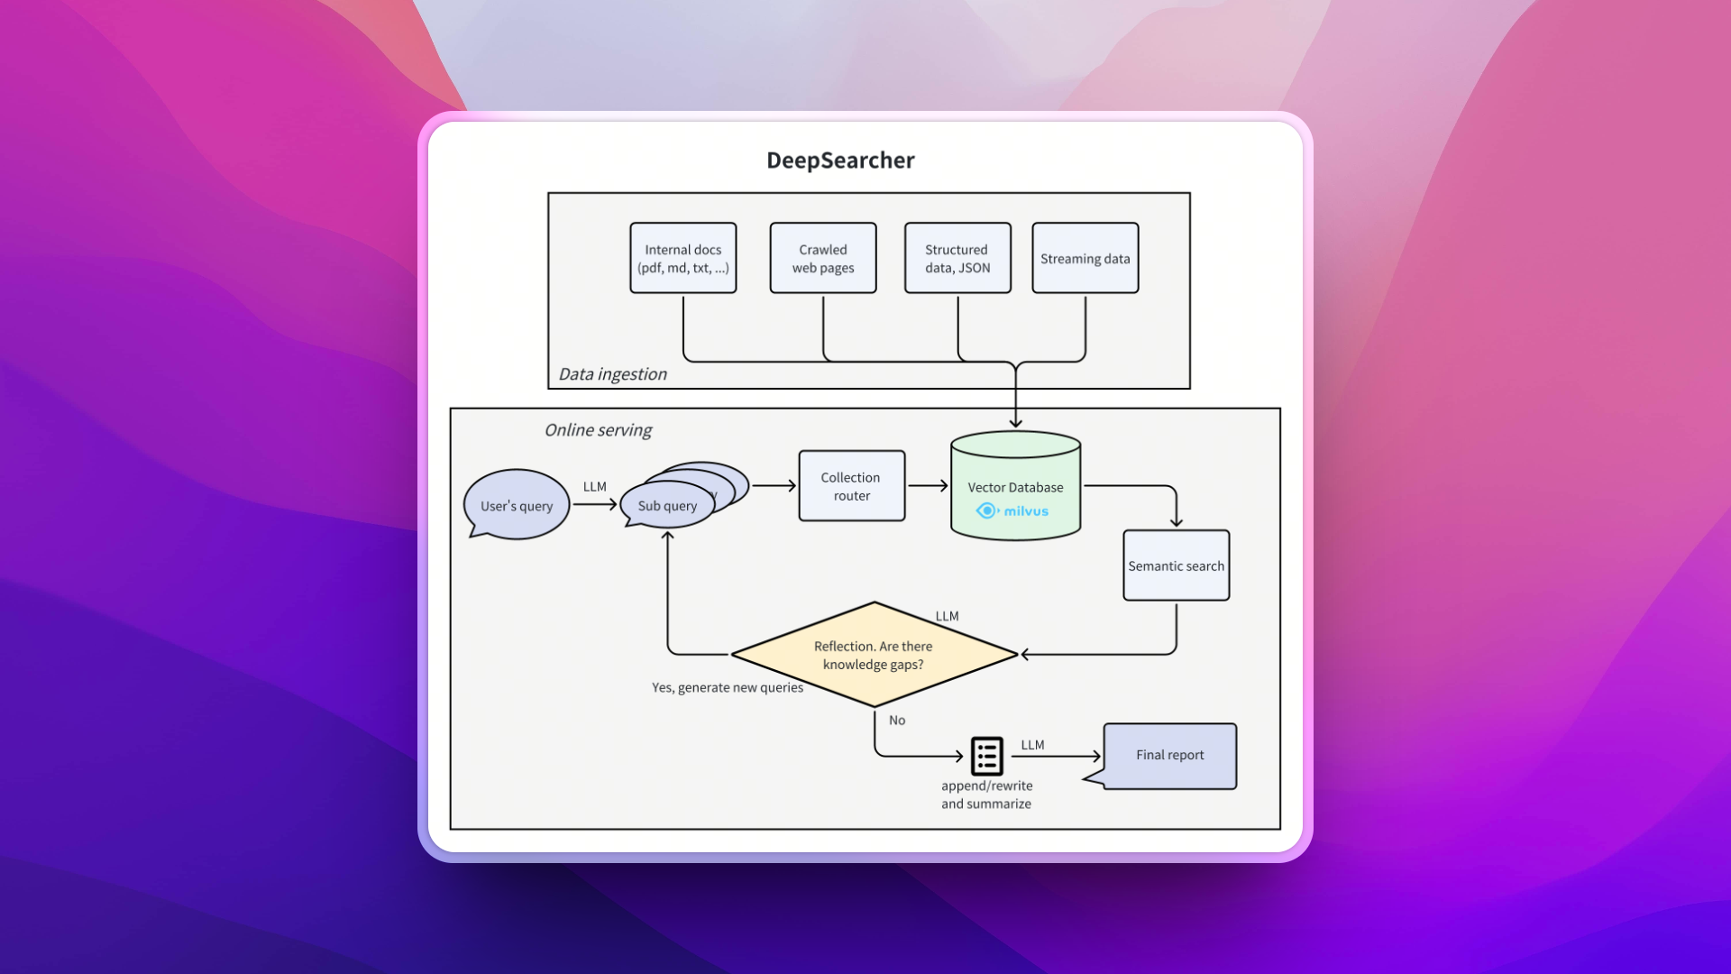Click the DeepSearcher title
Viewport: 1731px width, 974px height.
840,161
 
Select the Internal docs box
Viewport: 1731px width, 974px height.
682,259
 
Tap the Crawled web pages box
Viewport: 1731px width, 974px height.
822,259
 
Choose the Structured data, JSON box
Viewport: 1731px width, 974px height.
957,259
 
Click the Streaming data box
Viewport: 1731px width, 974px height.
1085,259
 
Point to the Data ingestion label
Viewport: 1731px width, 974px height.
612,374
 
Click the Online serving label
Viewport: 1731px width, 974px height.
598,430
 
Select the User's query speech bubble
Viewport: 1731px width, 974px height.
517,505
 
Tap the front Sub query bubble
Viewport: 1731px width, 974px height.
667,506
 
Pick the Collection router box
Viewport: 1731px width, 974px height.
851,486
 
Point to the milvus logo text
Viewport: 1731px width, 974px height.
1025,511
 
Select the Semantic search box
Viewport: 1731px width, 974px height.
1176,566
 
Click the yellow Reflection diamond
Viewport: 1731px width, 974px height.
873,655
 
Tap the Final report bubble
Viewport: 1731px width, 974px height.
1169,756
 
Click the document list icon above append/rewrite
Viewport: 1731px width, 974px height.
986,756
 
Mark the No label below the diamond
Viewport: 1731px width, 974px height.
897,721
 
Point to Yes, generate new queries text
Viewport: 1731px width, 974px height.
727,688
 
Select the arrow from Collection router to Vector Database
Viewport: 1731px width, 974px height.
928,486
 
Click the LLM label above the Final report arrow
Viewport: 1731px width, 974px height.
1032,745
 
